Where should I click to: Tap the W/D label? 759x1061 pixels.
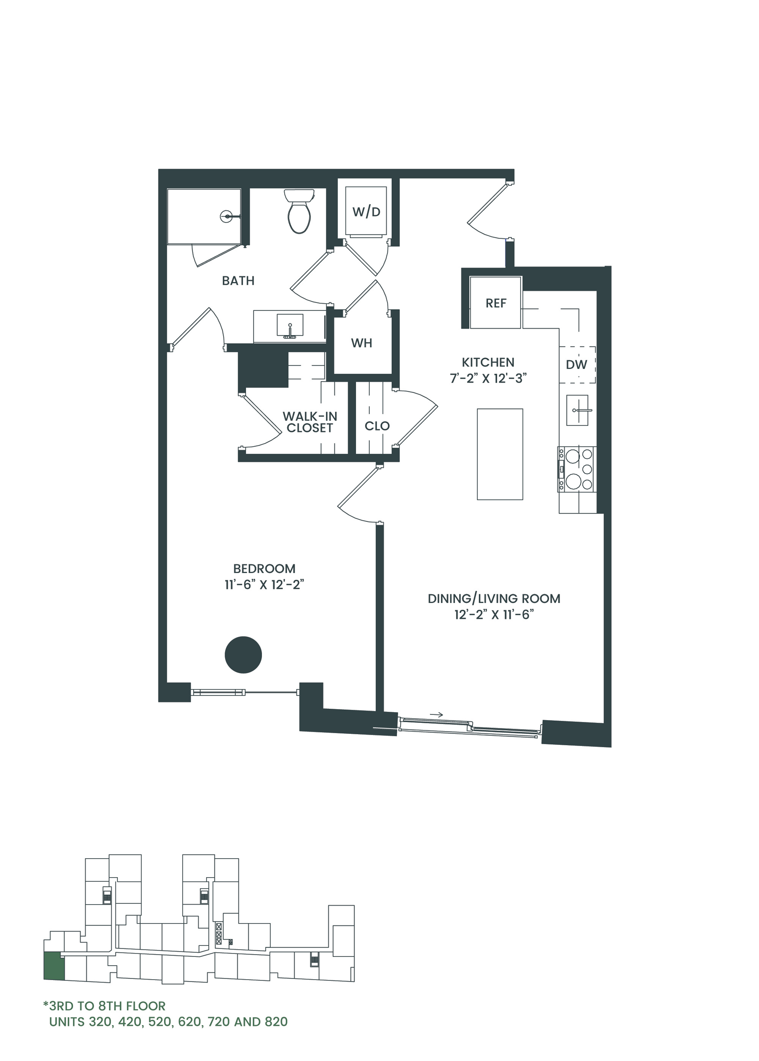tap(366, 212)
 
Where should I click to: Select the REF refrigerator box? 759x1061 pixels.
tap(495, 302)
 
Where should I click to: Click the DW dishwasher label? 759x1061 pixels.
tap(576, 365)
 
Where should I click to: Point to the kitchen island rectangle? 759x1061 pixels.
tap(500, 454)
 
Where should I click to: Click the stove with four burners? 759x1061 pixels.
tap(577, 469)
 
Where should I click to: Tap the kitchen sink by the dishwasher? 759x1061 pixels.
tap(577, 410)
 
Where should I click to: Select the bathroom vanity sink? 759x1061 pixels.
tap(290, 325)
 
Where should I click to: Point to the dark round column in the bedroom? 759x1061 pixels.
tap(243, 654)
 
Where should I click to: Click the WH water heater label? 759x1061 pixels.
tap(361, 343)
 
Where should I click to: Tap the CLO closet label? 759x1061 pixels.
tap(377, 426)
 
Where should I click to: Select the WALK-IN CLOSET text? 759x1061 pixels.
tap(310, 422)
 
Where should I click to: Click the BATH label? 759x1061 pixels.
tap(238, 280)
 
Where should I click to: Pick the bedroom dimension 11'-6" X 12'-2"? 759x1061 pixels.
tap(264, 584)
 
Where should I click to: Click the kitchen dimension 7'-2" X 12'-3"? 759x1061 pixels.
tap(488, 378)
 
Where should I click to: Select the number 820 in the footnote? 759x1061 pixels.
tap(276, 1022)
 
